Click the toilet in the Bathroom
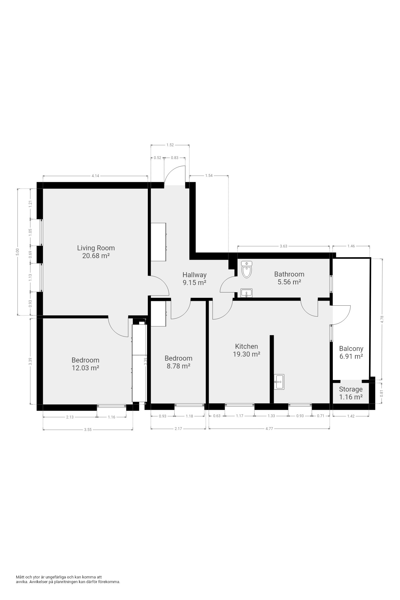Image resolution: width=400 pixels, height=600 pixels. [247, 270]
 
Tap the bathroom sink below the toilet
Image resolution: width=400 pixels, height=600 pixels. [247, 293]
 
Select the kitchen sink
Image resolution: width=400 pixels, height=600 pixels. [279, 382]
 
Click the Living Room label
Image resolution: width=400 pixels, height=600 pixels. [96, 248]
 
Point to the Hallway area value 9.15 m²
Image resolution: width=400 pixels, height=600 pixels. [194, 283]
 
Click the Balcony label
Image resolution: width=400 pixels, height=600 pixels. [351, 349]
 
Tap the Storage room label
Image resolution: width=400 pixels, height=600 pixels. [351, 389]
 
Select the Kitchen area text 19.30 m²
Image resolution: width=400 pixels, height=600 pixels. [247, 354]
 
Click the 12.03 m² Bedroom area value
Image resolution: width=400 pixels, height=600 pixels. [85, 368]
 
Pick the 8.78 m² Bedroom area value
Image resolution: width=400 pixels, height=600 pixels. [178, 366]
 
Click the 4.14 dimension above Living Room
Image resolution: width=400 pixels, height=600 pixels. [95, 176]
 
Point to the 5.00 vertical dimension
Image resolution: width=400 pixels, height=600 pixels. [17, 252]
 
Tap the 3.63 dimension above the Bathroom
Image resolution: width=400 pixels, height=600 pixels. [283, 246]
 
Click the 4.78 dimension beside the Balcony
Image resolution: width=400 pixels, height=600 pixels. [382, 319]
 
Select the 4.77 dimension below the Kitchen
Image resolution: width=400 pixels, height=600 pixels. [269, 429]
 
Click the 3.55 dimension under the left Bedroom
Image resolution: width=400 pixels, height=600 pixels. [88, 430]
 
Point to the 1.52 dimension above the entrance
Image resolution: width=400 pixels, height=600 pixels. [170, 145]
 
